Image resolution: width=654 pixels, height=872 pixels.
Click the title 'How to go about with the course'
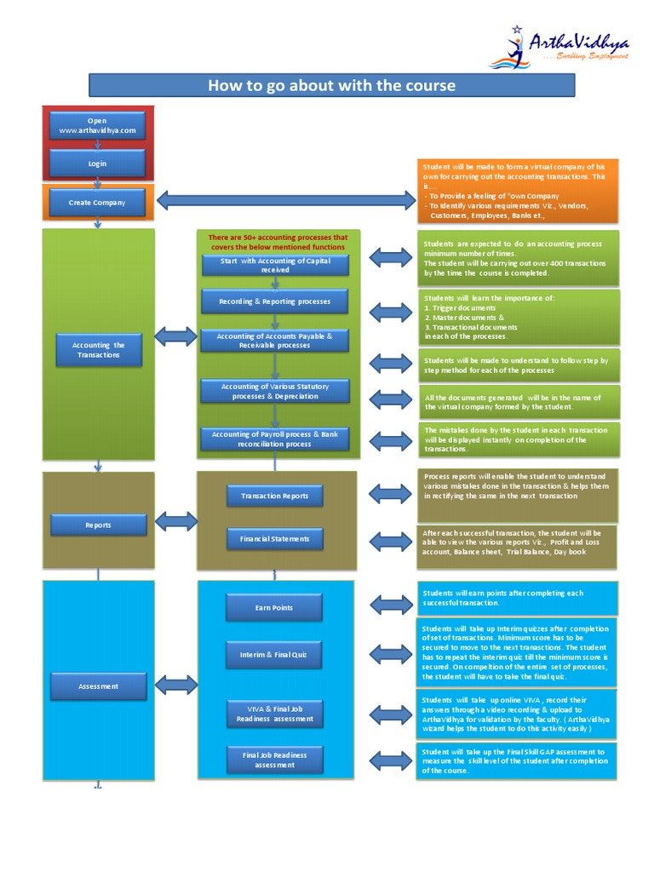pos(332,85)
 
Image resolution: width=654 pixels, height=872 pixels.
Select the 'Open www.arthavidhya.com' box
pos(98,125)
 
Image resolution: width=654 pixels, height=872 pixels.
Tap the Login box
pos(98,163)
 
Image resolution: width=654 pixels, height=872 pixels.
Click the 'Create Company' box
pos(98,203)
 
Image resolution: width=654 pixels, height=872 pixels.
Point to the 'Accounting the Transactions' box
pos(98,350)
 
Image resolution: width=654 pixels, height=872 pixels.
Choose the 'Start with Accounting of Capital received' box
pos(275,265)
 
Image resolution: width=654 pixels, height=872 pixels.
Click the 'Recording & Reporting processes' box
pos(275,301)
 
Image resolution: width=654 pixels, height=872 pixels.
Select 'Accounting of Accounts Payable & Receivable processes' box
pos(275,341)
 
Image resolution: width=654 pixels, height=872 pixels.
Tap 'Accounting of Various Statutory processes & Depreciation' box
pos(275,391)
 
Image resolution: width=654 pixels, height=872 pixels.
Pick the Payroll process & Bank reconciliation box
pos(275,439)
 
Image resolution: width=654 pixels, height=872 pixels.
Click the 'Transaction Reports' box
pos(275,496)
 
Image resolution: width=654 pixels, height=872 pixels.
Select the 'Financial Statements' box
pos(275,538)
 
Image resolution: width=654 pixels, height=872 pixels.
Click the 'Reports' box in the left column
pos(98,525)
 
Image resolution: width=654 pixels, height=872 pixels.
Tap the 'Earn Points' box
pos(274,607)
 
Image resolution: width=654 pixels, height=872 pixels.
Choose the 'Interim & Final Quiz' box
pos(274,655)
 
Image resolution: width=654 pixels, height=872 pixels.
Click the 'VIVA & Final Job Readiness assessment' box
pos(274,714)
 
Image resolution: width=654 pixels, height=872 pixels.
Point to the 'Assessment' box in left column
pos(98,686)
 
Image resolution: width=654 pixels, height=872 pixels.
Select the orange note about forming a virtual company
pos(518,190)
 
